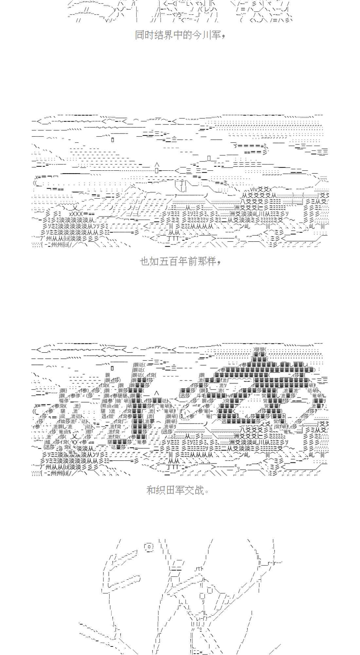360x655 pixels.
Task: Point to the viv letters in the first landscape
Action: (255, 189)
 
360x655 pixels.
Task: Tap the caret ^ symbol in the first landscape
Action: (157, 165)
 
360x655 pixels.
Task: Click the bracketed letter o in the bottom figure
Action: (149, 546)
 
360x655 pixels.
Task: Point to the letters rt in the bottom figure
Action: (198, 569)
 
